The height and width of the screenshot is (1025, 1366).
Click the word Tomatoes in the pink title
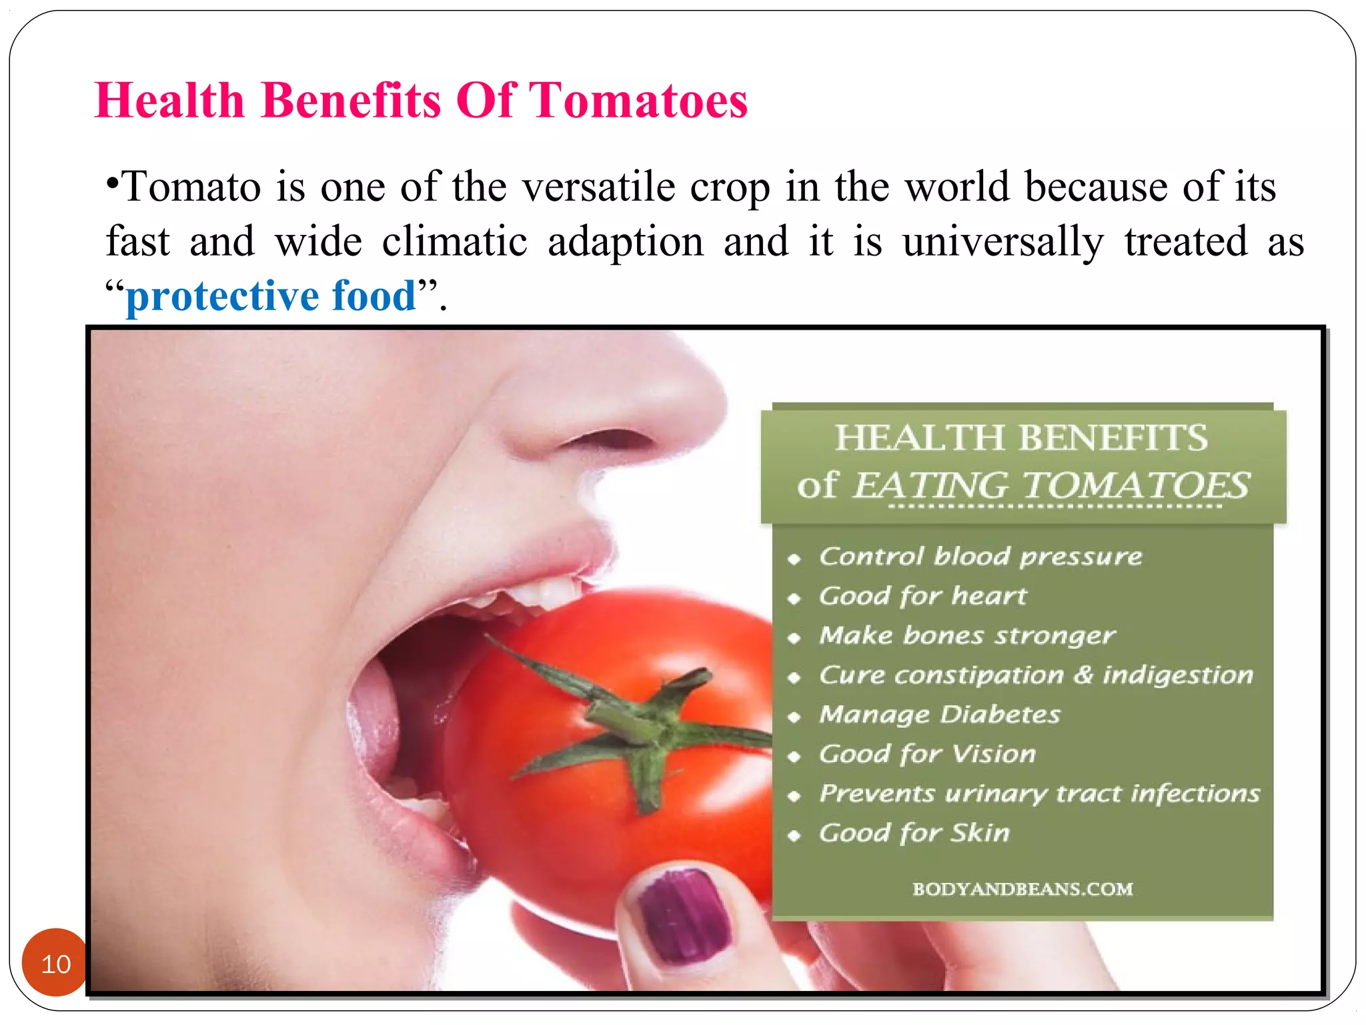(x=638, y=100)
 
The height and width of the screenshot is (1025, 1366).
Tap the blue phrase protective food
(x=271, y=296)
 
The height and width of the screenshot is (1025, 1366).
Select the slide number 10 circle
(x=55, y=962)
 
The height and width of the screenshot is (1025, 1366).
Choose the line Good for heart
(x=923, y=595)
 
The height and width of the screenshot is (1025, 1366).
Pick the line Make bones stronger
(x=967, y=635)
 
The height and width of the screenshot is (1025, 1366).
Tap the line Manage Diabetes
(x=940, y=715)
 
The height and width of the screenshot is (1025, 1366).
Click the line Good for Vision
(x=928, y=754)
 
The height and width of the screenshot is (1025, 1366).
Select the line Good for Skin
(x=914, y=833)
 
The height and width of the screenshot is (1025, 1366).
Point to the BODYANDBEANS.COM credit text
(x=1022, y=889)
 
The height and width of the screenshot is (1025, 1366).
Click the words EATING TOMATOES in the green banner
(x=1051, y=485)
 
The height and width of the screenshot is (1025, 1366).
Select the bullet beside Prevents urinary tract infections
(x=794, y=795)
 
